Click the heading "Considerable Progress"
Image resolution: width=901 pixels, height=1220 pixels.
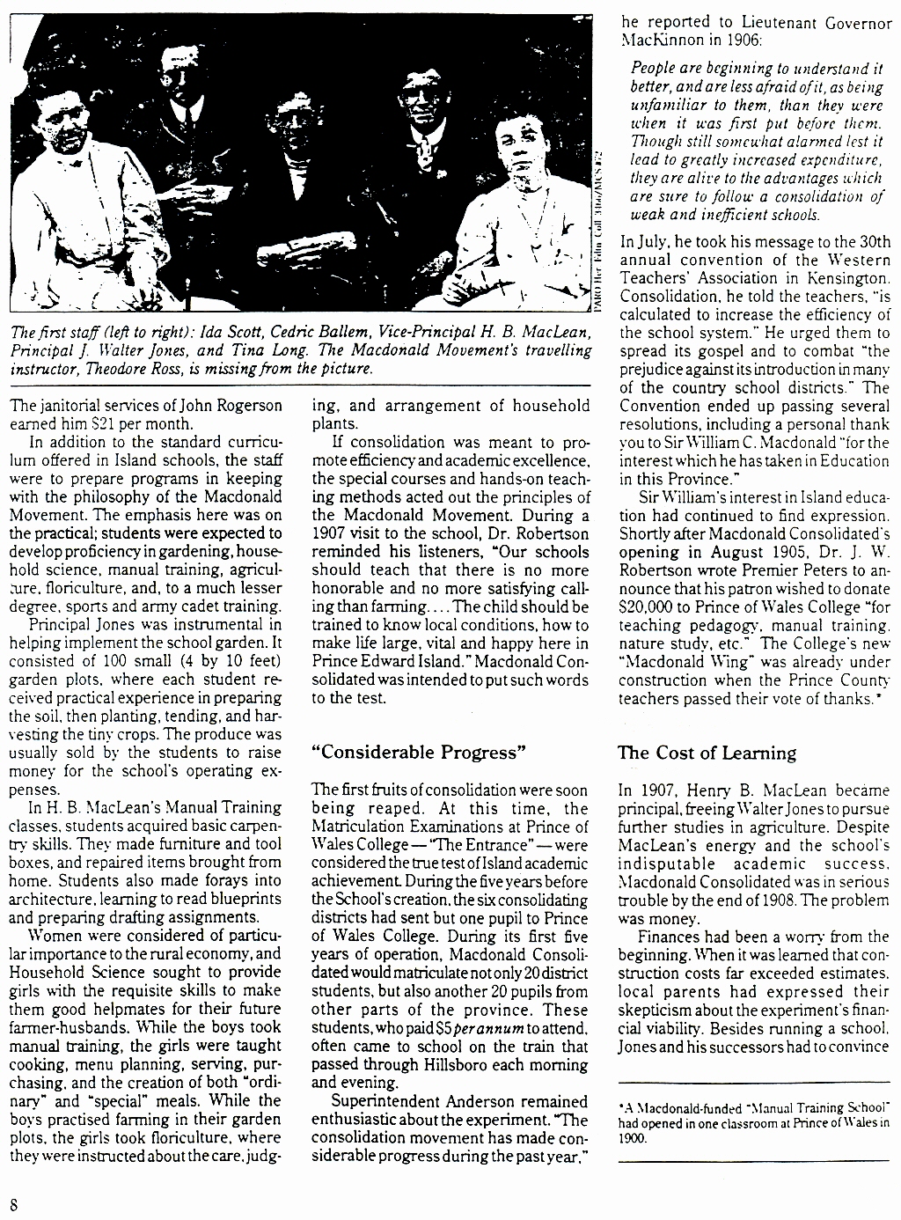click(419, 753)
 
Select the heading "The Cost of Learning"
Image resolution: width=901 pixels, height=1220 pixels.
click(707, 753)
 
